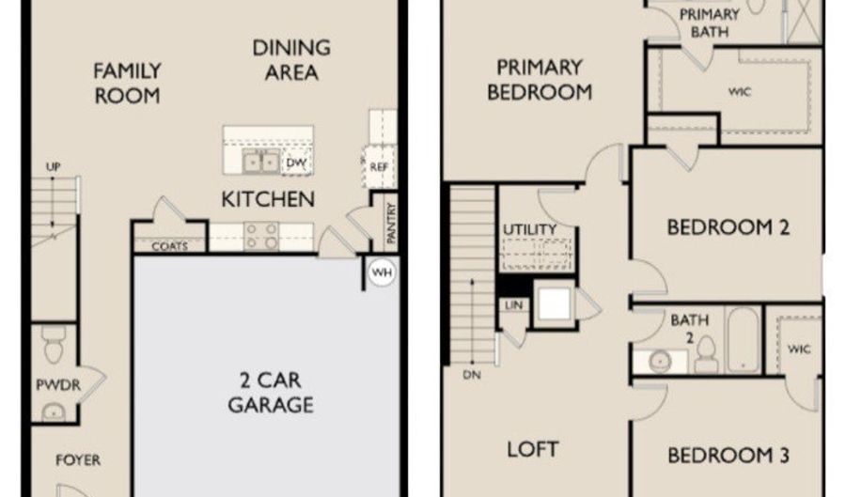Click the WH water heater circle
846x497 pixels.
(x=382, y=272)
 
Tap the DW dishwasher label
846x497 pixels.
(x=296, y=163)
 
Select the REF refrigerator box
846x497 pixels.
(x=380, y=166)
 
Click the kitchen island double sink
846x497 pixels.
(x=261, y=163)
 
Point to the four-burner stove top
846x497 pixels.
(x=261, y=237)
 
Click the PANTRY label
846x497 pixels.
(x=391, y=222)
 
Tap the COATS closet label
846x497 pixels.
(x=169, y=246)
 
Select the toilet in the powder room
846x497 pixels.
(x=54, y=345)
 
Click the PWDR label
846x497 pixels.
(x=57, y=385)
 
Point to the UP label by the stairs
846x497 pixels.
(x=53, y=167)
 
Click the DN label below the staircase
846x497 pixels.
(x=472, y=375)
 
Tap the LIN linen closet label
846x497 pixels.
(x=513, y=305)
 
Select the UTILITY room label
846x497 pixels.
(x=529, y=229)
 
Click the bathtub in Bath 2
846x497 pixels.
(x=743, y=340)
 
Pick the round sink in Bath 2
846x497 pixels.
(x=659, y=361)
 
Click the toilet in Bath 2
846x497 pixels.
(x=706, y=354)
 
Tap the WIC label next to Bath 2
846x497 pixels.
(x=798, y=349)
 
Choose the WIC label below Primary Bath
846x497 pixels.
(x=739, y=92)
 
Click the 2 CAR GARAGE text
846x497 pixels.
(x=271, y=393)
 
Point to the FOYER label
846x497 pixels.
(x=78, y=459)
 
